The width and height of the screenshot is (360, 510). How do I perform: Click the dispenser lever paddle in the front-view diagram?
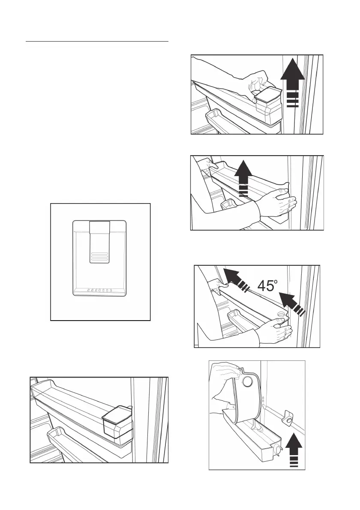tap(99, 242)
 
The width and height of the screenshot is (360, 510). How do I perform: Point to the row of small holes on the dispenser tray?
tap(100, 290)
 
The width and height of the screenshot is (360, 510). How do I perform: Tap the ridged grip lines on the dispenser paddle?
tap(99, 256)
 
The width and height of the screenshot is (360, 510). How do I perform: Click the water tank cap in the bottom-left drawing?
tap(117, 420)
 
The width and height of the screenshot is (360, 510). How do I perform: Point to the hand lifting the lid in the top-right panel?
tap(257, 84)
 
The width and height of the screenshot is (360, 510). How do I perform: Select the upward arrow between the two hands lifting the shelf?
tap(244, 179)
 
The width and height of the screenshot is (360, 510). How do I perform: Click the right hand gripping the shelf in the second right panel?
tap(278, 203)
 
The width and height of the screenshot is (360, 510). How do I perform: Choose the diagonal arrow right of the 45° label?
tap(292, 303)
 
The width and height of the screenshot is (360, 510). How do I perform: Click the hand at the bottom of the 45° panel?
tap(275, 331)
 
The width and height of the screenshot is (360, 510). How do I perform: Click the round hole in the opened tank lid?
tap(249, 381)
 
